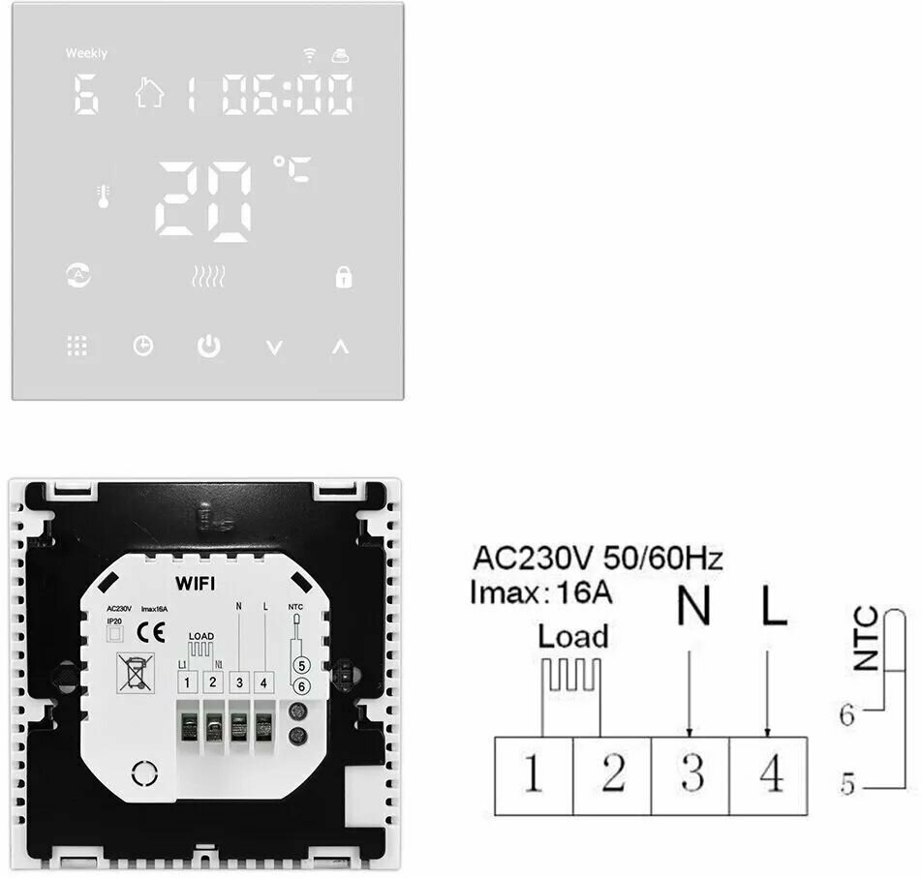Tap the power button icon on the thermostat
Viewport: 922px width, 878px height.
[x=208, y=346]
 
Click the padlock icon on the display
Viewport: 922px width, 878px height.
[x=343, y=278]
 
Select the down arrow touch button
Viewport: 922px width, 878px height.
[x=275, y=348]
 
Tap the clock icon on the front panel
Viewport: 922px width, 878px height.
[x=143, y=346]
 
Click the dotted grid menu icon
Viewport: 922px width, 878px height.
[x=77, y=346]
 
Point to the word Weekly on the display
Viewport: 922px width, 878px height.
[x=86, y=53]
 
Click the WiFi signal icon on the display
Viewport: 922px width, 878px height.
[x=310, y=54]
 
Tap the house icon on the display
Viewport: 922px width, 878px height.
[x=149, y=94]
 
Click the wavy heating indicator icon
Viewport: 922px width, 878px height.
[x=208, y=278]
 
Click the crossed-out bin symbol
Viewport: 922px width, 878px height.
[x=131, y=669]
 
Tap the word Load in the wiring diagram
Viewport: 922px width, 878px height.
[x=573, y=636]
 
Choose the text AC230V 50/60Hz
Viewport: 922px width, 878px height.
[x=598, y=559]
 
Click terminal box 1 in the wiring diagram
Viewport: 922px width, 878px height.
[x=533, y=774]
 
